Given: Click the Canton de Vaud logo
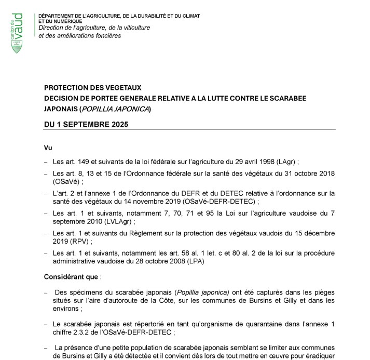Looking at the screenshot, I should pyautogui.click(x=17, y=32).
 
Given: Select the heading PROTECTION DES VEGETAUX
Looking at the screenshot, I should pyautogui.click(x=92, y=88).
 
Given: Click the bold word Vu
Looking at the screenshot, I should pyautogui.click(x=48, y=148).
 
